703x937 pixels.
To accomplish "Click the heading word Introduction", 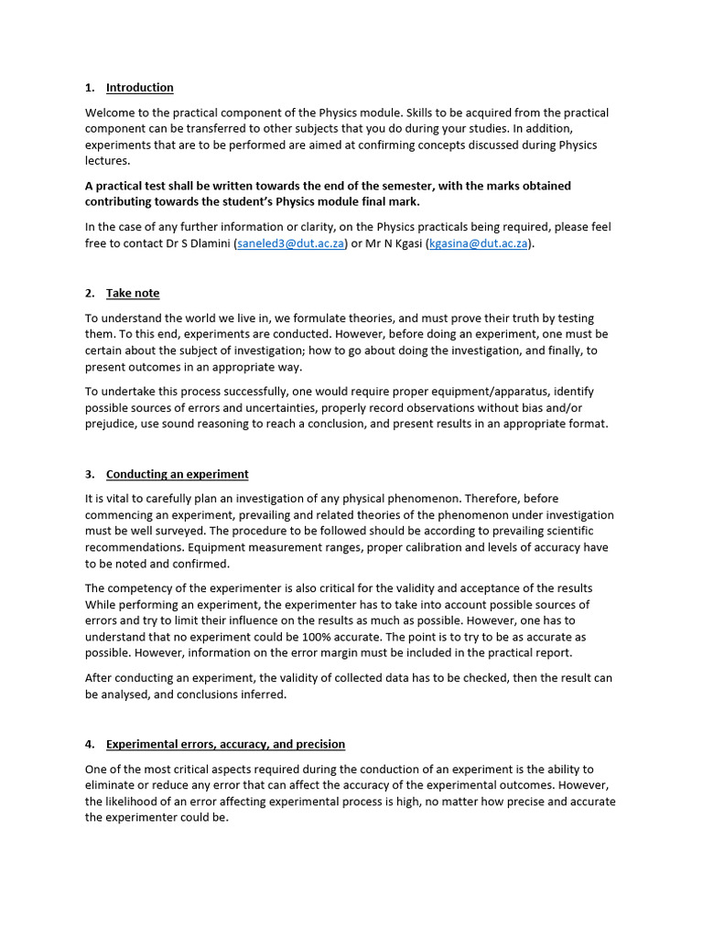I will pyautogui.click(x=139, y=88).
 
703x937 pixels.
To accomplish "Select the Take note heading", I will pyautogui.click(x=132, y=293).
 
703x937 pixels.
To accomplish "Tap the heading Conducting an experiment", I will pyautogui.click(x=177, y=474).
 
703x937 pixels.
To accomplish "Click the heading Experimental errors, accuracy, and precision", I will pyautogui.click(x=225, y=744).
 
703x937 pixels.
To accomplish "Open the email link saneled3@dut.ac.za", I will pyautogui.click(x=290, y=244).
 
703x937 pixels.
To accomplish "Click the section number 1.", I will pyautogui.click(x=89, y=88).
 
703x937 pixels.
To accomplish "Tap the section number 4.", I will pyautogui.click(x=89, y=744).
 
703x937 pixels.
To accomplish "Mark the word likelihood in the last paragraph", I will pyautogui.click(x=137, y=802).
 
